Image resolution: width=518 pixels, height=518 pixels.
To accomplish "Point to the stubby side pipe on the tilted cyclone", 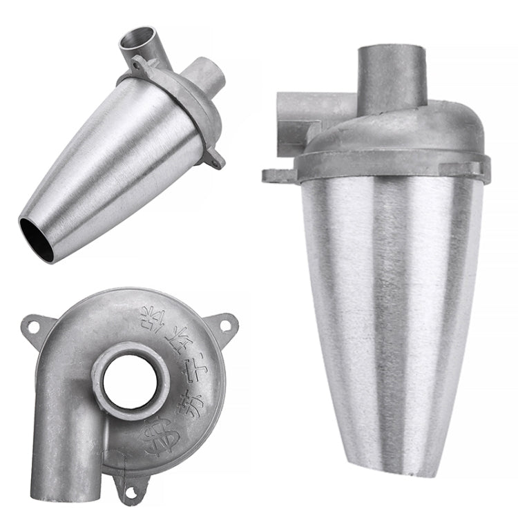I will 207,75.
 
